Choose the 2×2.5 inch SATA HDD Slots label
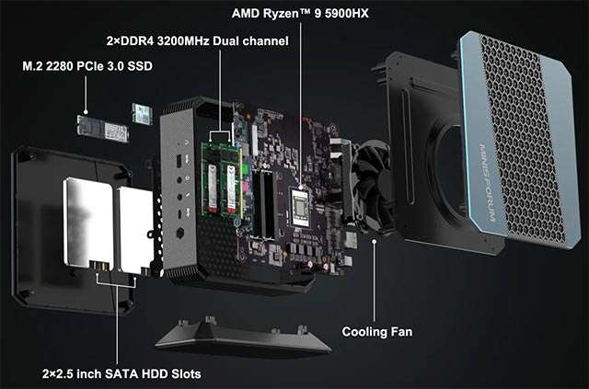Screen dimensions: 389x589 tap(121, 374)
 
